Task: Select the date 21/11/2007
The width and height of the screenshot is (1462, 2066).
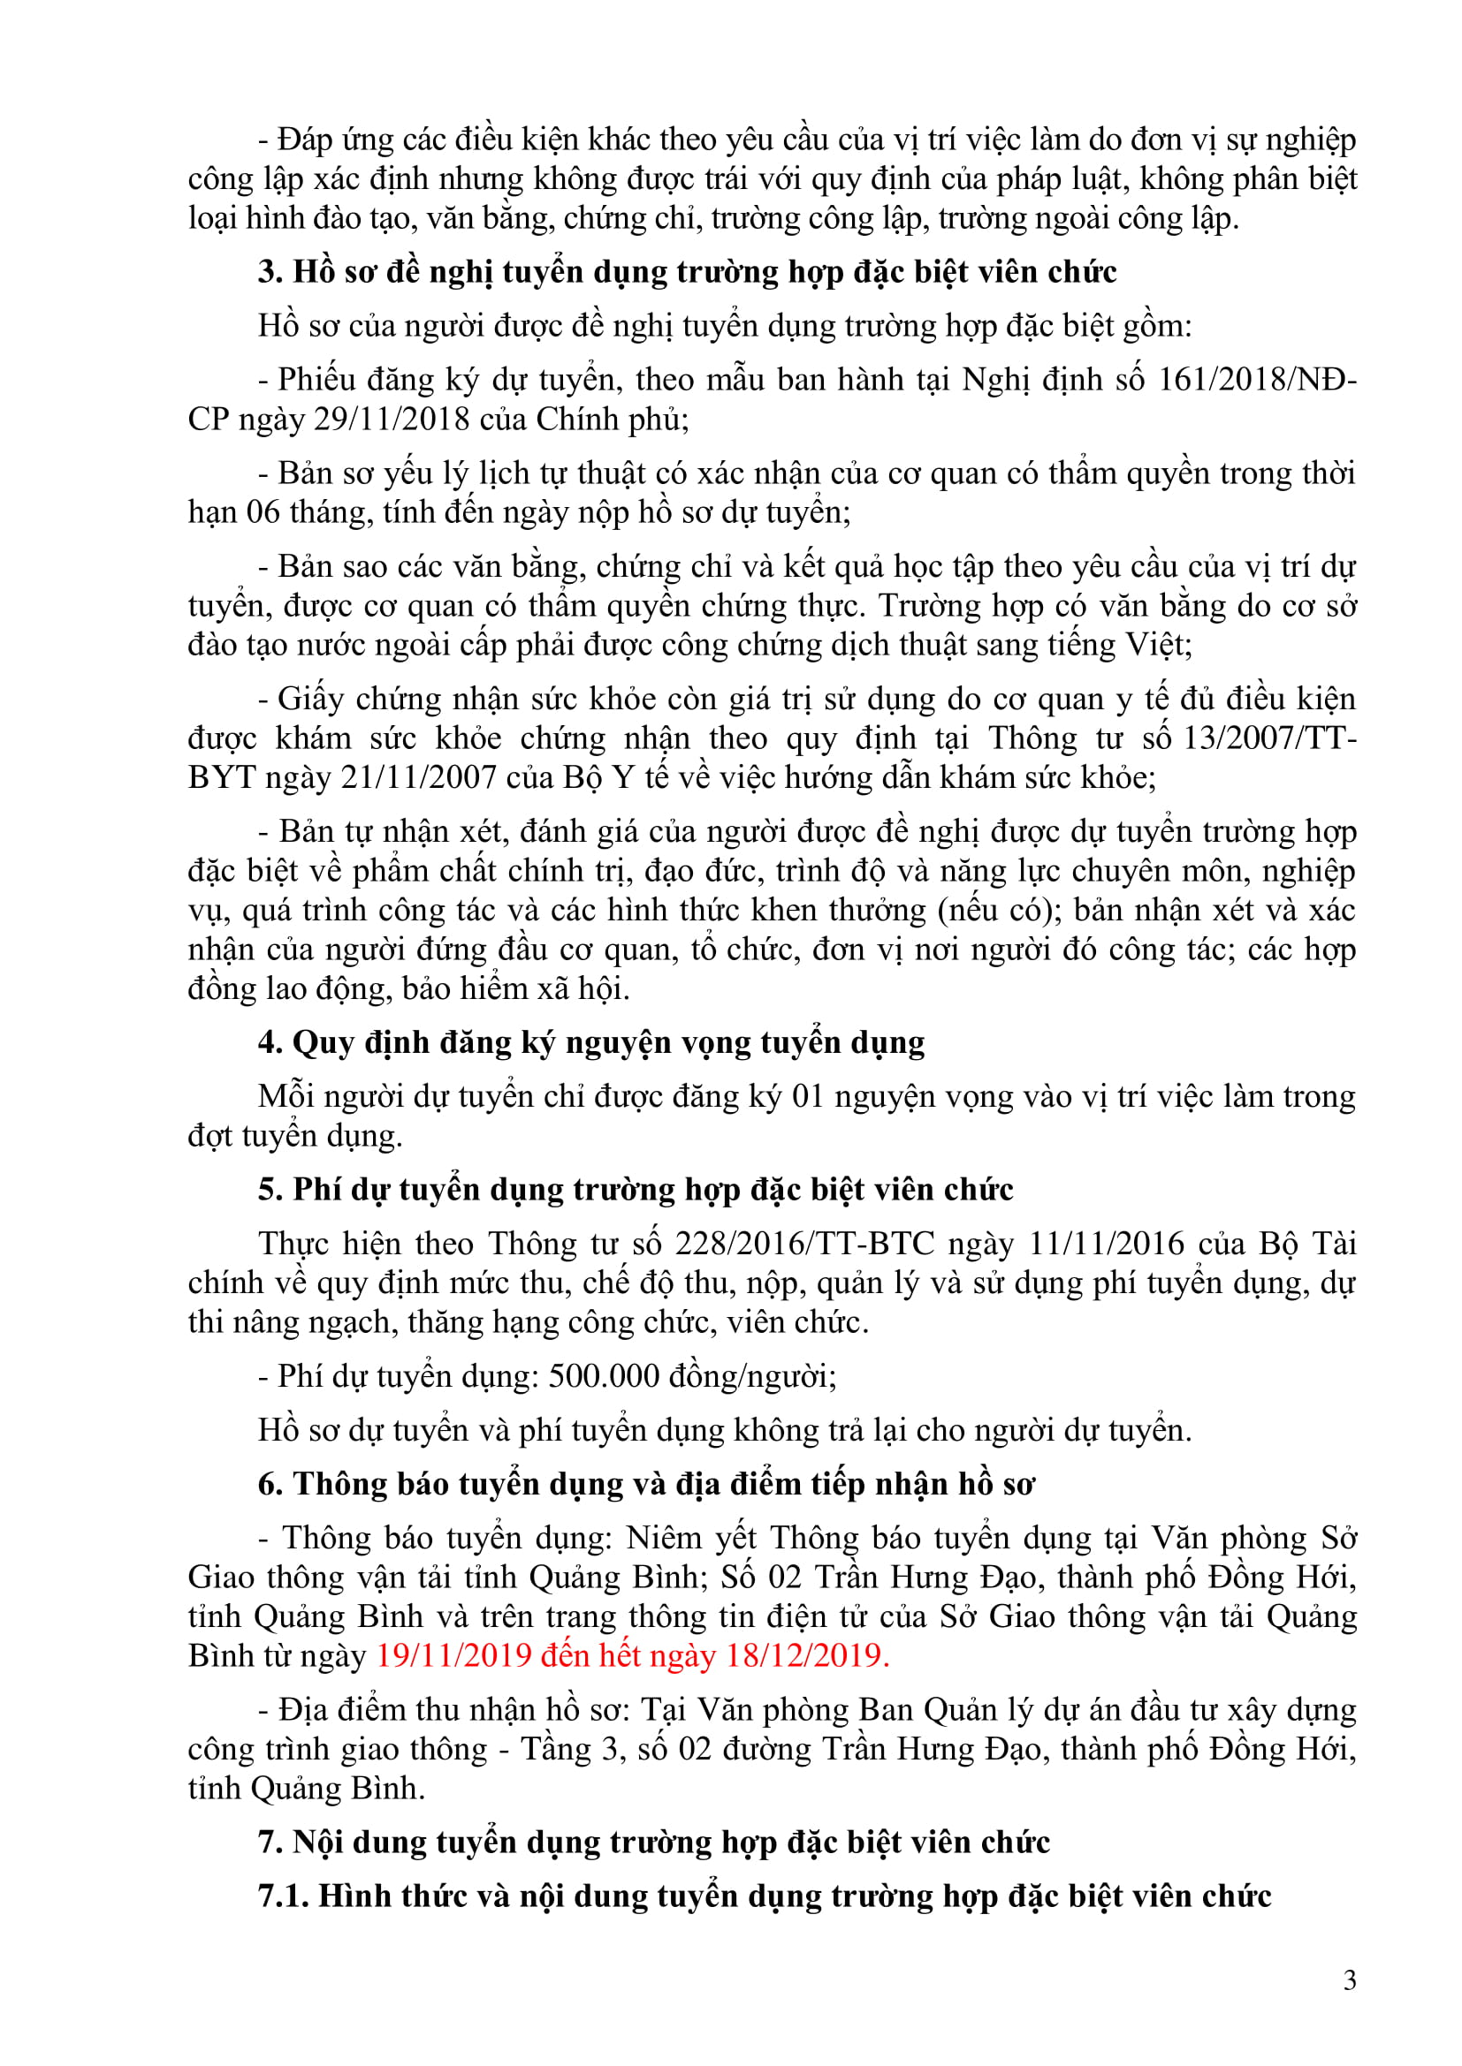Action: pos(419,777)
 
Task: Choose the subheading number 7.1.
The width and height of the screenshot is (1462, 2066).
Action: pos(283,1896)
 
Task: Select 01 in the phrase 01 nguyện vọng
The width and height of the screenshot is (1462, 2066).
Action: pos(808,1097)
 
